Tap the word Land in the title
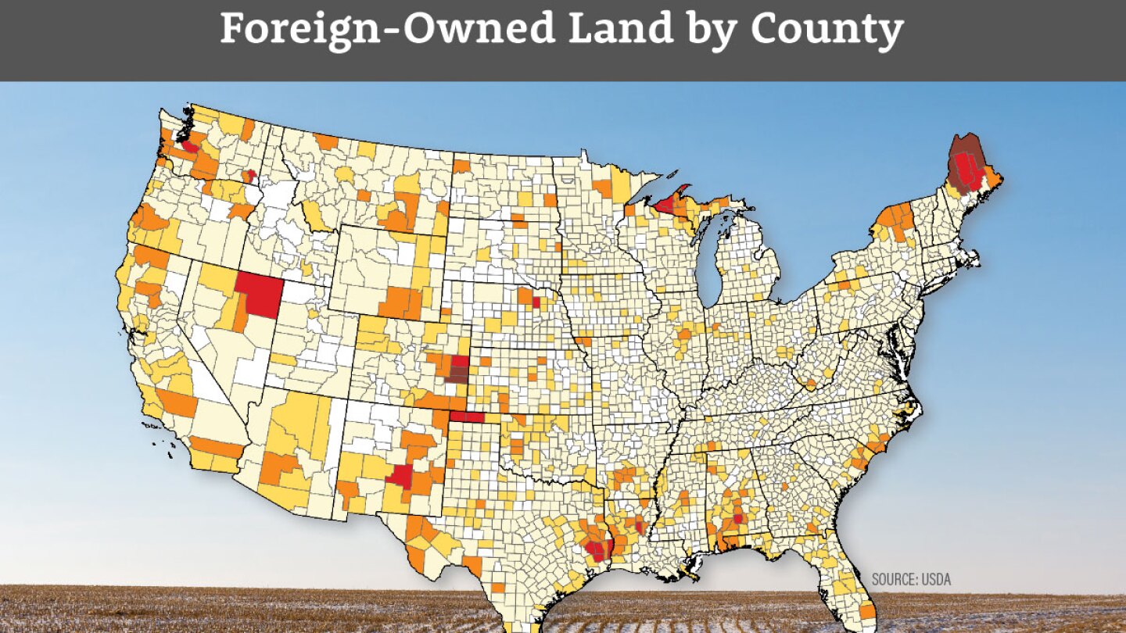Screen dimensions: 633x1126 (602, 30)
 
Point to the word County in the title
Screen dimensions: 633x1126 (827, 30)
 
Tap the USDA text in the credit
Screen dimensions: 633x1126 (937, 580)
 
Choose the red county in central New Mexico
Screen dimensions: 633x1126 (402, 474)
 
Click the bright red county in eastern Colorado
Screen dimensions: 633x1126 (460, 361)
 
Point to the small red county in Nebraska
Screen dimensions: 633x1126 (536, 302)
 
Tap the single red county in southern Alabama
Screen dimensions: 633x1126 (737, 518)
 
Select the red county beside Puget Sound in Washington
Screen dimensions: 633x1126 (188, 145)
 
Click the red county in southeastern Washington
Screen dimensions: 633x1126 (251, 176)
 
